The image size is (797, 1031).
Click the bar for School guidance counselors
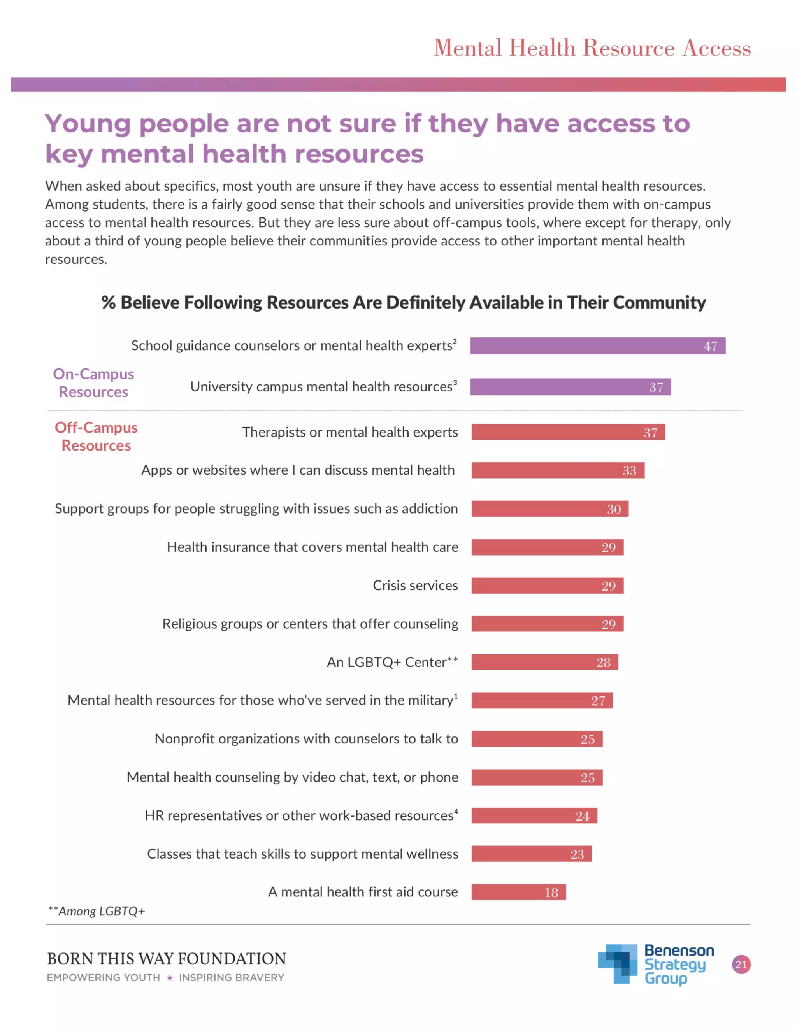pos(597,345)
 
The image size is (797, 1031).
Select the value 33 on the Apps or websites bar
pos(629,471)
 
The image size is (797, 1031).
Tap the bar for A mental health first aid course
pos(518,892)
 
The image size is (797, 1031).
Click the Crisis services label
pos(415,586)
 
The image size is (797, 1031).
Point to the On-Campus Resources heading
pos(93,383)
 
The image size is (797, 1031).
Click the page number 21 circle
pos(741,964)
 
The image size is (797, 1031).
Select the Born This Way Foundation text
pos(166,959)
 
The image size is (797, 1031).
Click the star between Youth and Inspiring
pos(170,978)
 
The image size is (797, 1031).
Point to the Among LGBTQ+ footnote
pos(97,911)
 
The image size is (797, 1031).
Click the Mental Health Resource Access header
pos(592,48)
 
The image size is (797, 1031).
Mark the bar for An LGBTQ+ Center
pos(544,662)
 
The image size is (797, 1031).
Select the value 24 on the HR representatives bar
pos(582,816)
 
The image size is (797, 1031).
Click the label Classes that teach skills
pos(303,854)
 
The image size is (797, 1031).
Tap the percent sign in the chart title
pos(109,302)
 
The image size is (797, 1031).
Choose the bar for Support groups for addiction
pos(549,508)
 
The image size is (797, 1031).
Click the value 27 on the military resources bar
pos(598,701)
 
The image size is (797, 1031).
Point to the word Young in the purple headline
pos(88,124)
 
